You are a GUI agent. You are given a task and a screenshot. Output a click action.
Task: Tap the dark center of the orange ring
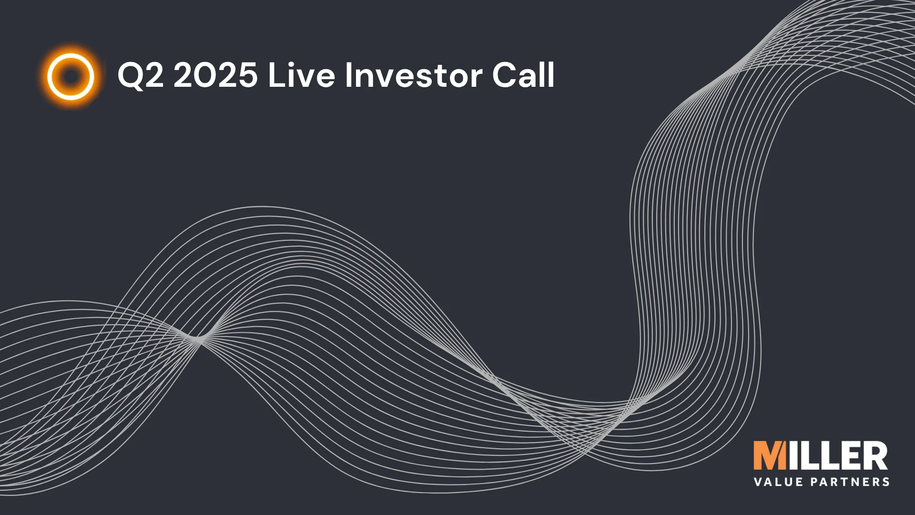(71, 76)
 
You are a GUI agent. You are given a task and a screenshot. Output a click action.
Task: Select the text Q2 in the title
(140, 75)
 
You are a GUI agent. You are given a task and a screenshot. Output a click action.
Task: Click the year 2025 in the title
(215, 75)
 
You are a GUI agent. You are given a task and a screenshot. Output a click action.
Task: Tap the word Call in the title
(523, 75)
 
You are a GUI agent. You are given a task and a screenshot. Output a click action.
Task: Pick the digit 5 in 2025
(247, 75)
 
